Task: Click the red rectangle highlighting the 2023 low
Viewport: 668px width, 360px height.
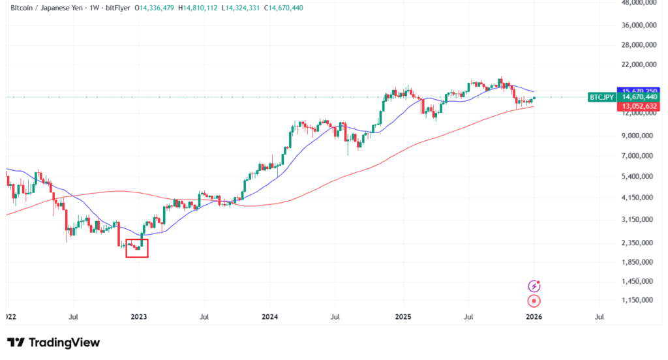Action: point(137,248)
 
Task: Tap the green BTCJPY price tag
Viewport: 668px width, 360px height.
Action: point(601,97)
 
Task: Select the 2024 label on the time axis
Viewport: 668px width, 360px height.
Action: point(269,317)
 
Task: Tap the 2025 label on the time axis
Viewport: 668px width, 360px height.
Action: point(403,317)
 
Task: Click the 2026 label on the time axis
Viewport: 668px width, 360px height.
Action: point(534,317)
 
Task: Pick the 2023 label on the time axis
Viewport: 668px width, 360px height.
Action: point(138,317)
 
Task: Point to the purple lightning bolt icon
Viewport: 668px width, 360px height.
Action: point(534,286)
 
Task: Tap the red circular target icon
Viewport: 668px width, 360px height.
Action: point(534,301)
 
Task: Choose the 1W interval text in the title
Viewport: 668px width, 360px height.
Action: point(91,8)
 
